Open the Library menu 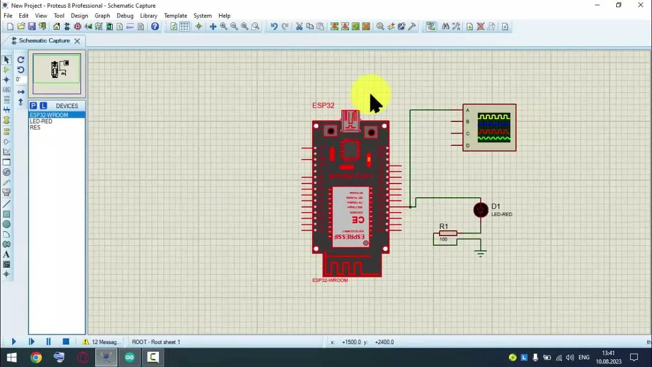148,16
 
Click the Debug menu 125,16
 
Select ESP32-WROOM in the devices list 49,115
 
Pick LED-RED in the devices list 41,121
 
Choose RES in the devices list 35,127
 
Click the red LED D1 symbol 480,209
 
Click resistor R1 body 448,233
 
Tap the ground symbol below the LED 480,253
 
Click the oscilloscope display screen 494,128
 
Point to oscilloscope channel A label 468,110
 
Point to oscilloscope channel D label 468,146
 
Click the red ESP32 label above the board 323,106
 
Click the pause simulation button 48,342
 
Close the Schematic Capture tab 77,41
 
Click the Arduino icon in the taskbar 129,357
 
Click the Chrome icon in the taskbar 36,357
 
